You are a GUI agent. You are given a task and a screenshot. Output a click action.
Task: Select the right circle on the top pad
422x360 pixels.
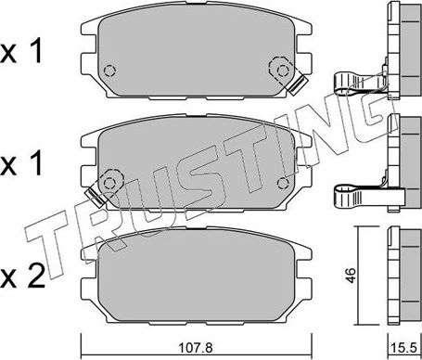pos(276,67)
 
